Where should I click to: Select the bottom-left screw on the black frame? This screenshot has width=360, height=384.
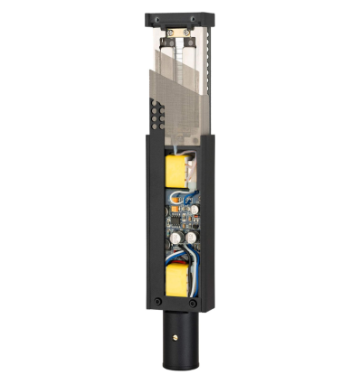[x=158, y=301]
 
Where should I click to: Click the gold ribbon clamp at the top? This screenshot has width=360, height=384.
[x=178, y=40]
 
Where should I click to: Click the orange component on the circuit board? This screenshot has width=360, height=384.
[x=170, y=222]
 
